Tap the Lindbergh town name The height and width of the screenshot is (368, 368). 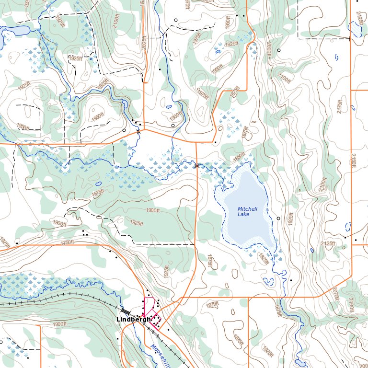coord(134,319)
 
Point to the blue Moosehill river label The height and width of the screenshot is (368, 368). coord(159,355)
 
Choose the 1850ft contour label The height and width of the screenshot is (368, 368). coord(239,157)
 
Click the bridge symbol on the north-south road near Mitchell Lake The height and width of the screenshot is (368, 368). coord(196,165)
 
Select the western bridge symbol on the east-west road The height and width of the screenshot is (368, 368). coord(138,130)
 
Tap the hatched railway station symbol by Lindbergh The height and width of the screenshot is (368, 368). coord(126,311)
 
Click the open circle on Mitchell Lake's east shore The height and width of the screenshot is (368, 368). coord(278,218)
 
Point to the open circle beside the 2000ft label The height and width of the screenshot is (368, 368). coord(278,50)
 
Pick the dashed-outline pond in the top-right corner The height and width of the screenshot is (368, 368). coord(356,29)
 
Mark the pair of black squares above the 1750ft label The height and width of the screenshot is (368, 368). coord(85,233)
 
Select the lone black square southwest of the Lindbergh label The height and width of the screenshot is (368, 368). coord(117,338)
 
